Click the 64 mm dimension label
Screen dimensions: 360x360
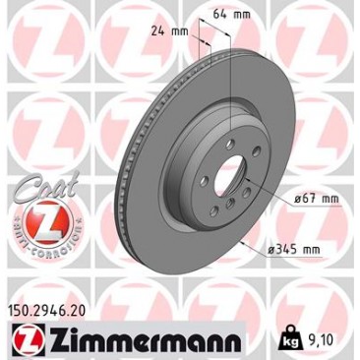tap(231, 15)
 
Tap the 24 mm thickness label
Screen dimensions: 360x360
tap(169, 31)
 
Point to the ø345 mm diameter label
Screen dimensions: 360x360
tap(293, 250)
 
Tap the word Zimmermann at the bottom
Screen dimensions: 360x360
tap(145, 338)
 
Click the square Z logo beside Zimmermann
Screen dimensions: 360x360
tap(29, 338)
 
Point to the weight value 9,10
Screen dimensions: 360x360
tap(321, 340)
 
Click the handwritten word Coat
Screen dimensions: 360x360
tap(46, 189)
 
